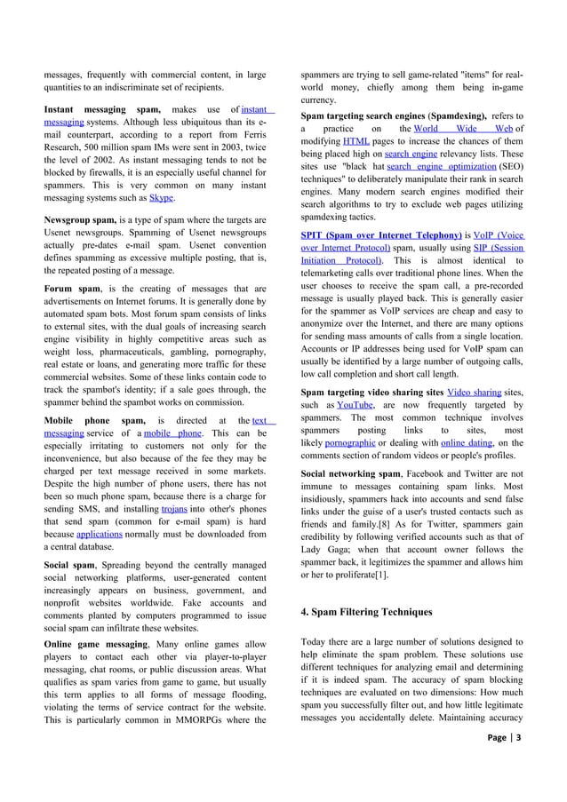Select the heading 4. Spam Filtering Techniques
366,612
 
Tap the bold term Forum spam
74,289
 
